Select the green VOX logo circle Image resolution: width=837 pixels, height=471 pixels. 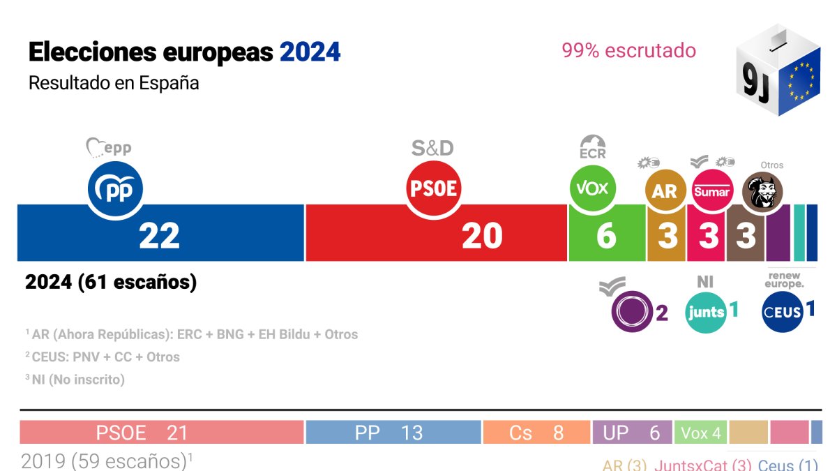coord(593,188)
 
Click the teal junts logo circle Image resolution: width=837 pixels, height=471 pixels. coord(706,312)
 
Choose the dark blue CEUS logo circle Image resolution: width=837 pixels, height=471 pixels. coord(782,312)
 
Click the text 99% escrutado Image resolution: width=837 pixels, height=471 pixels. coord(628,50)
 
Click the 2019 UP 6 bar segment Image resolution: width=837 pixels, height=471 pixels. coord(632,433)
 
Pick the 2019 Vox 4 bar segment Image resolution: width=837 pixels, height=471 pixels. coord(700,433)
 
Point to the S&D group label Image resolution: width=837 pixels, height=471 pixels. coord(432,148)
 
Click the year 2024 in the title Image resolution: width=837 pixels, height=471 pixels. coord(310,52)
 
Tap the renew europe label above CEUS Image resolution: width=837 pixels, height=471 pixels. coord(784,280)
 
